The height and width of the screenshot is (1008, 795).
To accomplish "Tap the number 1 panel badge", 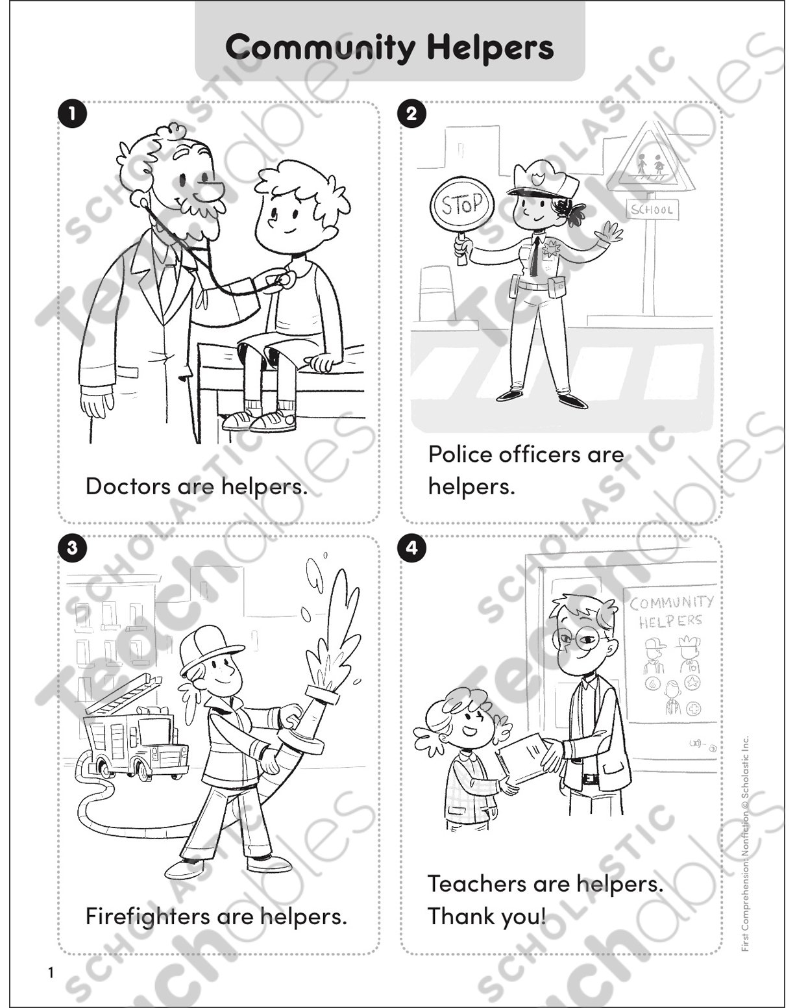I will pos(72,114).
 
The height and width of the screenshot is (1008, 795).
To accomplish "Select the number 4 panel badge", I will pos(411,548).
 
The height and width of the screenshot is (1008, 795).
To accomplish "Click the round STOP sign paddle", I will pos(462,206).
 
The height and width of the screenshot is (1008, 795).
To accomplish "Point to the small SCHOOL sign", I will pos(651,210).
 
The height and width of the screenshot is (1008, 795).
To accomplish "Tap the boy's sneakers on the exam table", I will pos(260,420).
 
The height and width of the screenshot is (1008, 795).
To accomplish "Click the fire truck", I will pos(136,740).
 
